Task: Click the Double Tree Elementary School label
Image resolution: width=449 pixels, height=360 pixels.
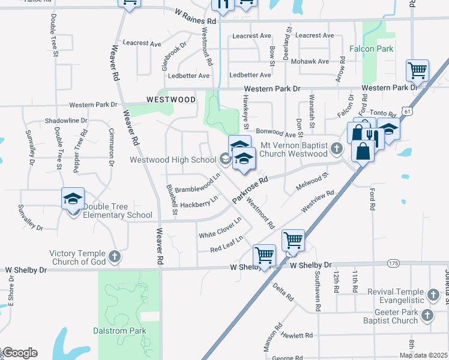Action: point(118,211)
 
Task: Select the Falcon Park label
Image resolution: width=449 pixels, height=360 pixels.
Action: point(372,49)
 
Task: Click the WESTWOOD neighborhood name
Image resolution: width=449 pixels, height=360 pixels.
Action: point(171,99)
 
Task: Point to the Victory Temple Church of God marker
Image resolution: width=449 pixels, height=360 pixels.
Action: point(115,257)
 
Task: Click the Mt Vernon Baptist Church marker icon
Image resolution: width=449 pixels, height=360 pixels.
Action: point(337,148)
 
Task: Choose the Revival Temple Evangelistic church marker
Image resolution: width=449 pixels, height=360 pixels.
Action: point(432,295)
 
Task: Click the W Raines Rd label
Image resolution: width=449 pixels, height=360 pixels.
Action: point(196,13)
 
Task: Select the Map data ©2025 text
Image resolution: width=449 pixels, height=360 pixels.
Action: point(423,355)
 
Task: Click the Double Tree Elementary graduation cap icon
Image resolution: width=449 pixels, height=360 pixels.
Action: point(73,199)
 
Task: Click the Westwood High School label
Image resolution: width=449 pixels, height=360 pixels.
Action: point(173,160)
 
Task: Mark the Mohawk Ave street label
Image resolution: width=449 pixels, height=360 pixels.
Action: point(310,62)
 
